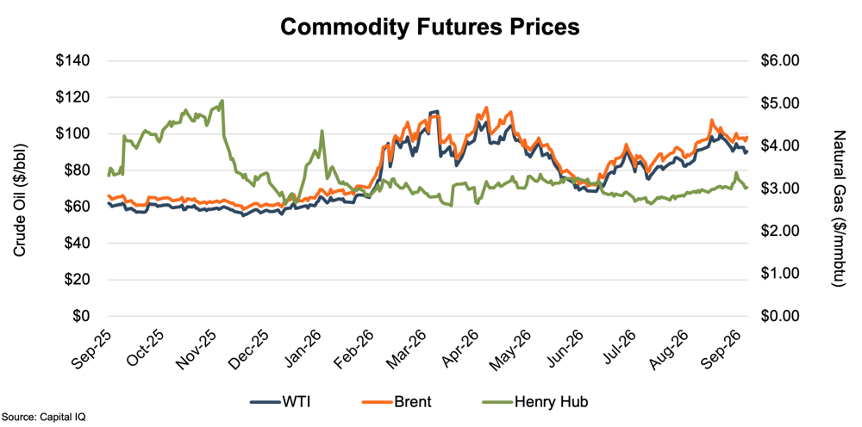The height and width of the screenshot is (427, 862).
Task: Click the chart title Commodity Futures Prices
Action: click(430, 27)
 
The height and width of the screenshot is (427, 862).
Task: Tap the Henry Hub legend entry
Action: click(529, 402)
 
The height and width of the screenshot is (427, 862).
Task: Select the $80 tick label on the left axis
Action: click(78, 170)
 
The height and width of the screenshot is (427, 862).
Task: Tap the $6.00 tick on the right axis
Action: click(780, 61)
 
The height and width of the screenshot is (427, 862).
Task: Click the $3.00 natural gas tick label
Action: click(780, 189)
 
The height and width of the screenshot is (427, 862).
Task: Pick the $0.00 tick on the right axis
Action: click(780, 317)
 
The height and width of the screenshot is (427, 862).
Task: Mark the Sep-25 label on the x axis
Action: click(91, 351)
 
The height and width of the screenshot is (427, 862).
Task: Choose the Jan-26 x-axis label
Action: click(302, 351)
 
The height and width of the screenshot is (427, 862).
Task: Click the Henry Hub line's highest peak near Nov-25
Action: click(222, 101)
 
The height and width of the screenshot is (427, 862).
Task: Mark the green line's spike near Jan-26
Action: click(322, 131)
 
